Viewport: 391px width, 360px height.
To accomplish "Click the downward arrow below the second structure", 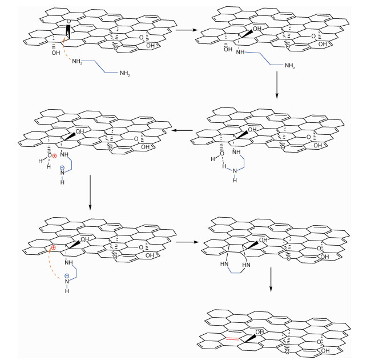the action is (x=276, y=86).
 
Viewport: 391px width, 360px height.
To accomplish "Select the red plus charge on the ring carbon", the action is (x=53, y=249).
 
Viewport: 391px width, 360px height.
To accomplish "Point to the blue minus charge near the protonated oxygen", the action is (x=63, y=168).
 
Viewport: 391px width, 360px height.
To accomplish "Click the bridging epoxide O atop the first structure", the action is (x=68, y=22).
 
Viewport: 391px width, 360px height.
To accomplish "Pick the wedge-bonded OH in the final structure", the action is (x=260, y=332).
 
